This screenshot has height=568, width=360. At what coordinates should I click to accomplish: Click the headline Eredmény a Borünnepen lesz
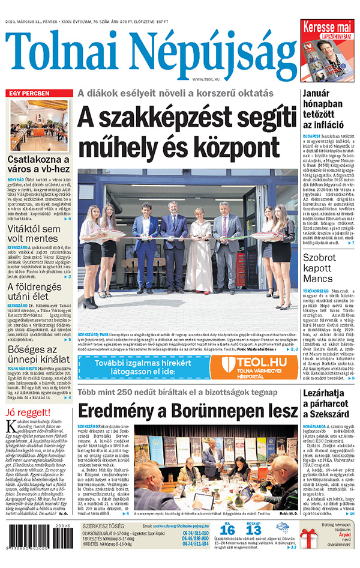point(187,411)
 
